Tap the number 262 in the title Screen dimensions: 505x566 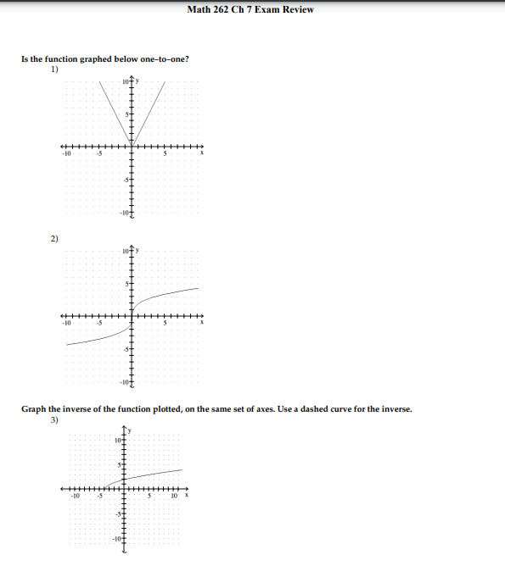(219, 9)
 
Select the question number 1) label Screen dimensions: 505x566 (53, 69)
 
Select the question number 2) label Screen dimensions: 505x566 (53, 239)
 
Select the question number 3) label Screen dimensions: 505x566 (53, 419)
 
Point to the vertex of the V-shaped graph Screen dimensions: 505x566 (129, 139)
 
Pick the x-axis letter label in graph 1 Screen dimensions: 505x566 (202, 153)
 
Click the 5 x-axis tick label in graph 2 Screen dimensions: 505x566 (167, 322)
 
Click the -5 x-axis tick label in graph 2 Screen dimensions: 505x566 (98, 322)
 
